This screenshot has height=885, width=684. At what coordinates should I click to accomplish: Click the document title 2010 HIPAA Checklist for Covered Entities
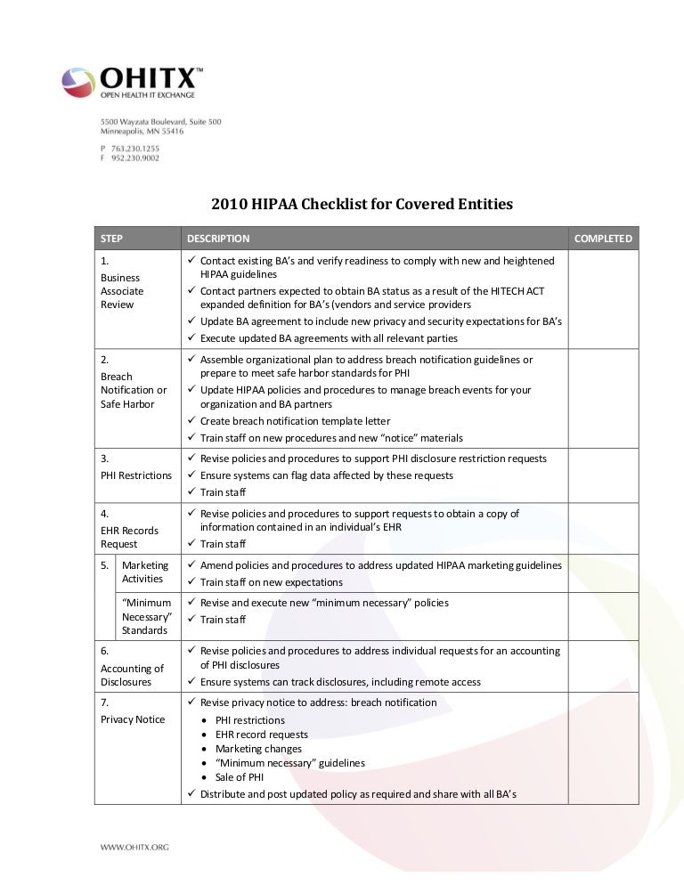pos(362,205)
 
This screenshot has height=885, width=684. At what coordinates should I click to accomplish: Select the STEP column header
pos(112,239)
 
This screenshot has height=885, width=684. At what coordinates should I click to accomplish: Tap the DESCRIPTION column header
pos(218,239)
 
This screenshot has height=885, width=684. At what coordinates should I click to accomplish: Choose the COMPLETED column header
pos(603,239)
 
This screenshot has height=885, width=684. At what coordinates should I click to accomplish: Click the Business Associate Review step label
pos(123,291)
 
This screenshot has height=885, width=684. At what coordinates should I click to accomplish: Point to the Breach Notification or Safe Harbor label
pos(134,390)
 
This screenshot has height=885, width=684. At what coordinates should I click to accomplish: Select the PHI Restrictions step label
pos(136,475)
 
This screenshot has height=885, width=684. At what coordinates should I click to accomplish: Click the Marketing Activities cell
pos(143,572)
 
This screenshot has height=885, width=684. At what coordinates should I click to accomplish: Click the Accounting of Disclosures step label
pos(132,675)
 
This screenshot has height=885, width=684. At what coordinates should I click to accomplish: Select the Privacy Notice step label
pos(132,719)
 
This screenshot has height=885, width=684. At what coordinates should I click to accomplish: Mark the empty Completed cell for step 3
pos(603,475)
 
